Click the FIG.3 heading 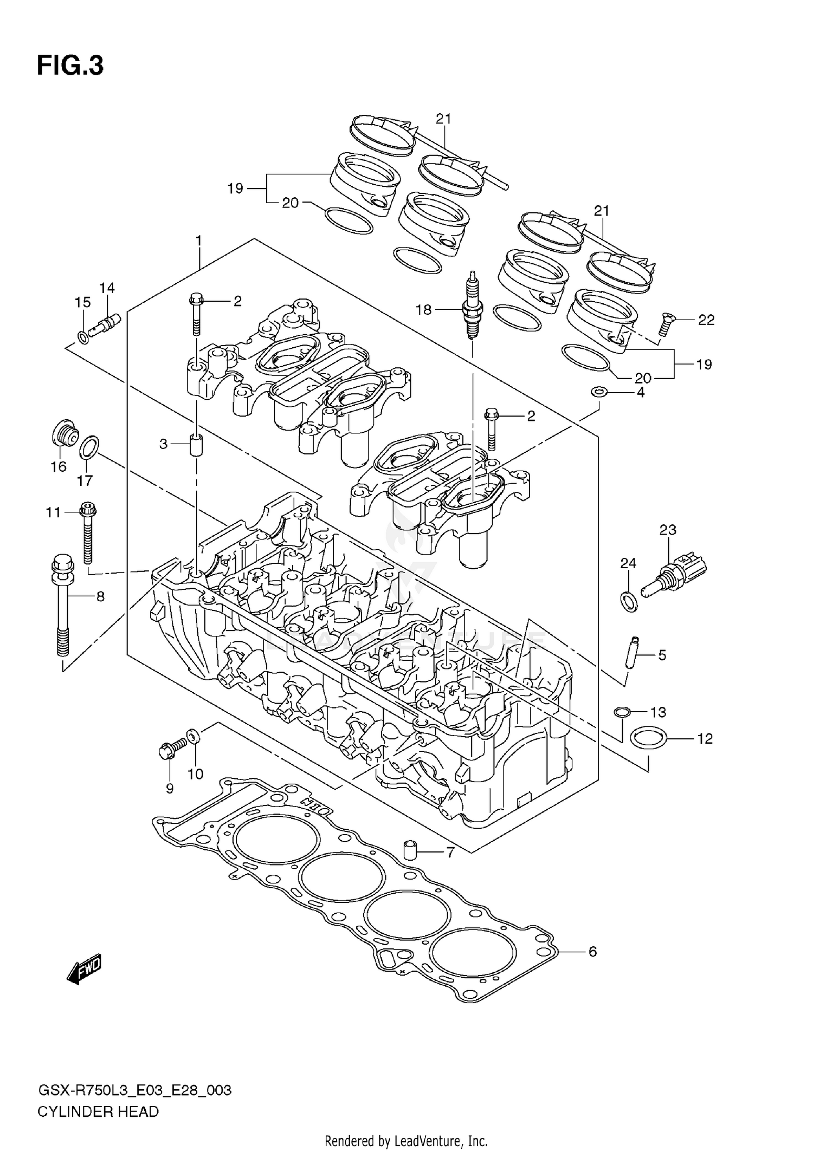[x=70, y=66]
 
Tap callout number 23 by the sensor [x=668, y=530]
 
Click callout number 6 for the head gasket [x=592, y=952]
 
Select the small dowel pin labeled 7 [x=412, y=851]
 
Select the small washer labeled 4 [x=598, y=391]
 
